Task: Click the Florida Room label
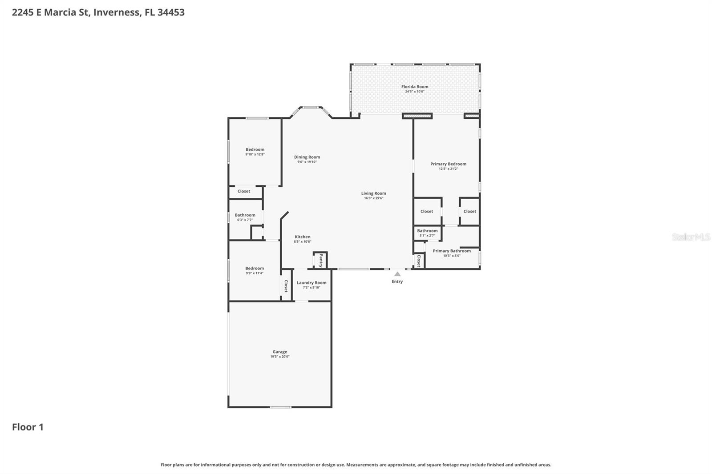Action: pos(415,87)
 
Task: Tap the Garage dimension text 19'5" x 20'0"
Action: pos(280,357)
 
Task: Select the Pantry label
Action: pos(321,261)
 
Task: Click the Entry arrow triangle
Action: pos(397,274)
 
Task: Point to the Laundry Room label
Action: pos(311,283)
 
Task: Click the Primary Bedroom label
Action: pos(448,164)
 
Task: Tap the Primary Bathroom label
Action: pos(452,251)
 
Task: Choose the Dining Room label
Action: pos(307,157)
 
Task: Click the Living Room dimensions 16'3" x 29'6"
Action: pos(373,198)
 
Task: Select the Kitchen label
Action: pos(303,237)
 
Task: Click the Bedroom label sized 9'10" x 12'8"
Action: pos(255,150)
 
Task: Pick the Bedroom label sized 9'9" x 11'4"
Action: pos(255,269)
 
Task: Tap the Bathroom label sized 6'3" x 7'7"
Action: pos(245,215)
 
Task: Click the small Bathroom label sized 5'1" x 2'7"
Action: pos(427,231)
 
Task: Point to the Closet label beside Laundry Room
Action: pos(286,285)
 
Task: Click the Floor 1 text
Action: pos(28,427)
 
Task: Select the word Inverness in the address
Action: pos(116,12)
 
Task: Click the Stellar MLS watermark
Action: pos(691,237)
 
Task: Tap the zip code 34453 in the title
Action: pos(171,12)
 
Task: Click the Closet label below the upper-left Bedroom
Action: pos(244,191)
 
